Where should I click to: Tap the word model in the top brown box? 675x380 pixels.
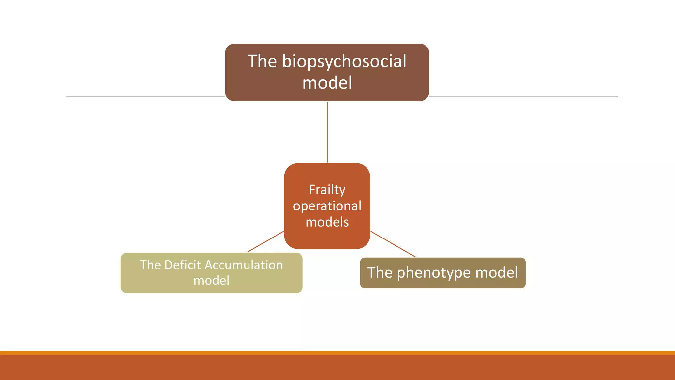tap(327, 83)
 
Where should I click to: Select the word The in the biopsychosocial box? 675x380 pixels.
tap(262, 61)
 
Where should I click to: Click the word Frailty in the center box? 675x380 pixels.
tap(327, 190)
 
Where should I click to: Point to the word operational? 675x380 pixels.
tap(327, 206)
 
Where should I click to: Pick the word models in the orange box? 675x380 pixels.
tap(327, 222)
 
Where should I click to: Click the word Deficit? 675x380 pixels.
tap(182, 265)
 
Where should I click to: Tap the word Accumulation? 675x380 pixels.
tap(244, 265)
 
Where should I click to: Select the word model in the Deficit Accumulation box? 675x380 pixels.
tap(211, 280)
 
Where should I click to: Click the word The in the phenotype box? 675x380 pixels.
tap(380, 273)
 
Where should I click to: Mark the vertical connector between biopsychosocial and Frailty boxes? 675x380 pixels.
tap(327, 132)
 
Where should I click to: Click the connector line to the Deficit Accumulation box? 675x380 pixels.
tap(266, 241)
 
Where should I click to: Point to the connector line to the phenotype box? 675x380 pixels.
tap(393, 244)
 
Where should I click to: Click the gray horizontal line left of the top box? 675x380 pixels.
tap(145, 96)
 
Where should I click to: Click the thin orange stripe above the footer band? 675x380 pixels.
tap(337, 353)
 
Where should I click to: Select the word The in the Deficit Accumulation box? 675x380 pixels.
tap(150, 265)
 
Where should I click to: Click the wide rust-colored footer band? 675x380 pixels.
tap(337, 367)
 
